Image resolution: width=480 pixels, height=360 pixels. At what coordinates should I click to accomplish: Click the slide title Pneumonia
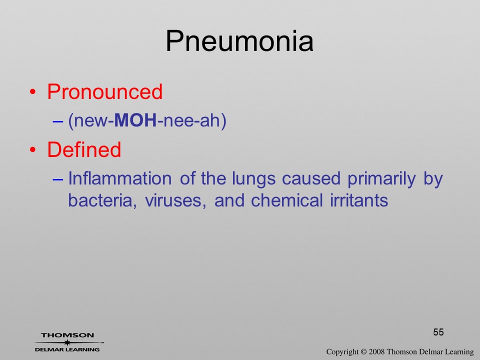point(239,41)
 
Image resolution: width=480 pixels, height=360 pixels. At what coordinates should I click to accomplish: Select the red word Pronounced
point(104,91)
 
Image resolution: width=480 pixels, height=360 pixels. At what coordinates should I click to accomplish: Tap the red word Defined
point(84,149)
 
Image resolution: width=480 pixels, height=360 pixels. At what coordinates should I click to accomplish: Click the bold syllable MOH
point(135,120)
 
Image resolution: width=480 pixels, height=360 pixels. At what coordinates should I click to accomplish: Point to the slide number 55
point(438,332)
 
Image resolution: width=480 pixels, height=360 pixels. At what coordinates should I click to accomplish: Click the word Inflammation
point(119,178)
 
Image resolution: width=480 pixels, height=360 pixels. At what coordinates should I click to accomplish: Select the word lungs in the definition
point(254,179)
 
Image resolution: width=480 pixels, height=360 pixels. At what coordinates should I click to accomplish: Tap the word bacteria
point(102,201)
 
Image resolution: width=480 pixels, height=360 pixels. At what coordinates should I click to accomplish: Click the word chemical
point(287,200)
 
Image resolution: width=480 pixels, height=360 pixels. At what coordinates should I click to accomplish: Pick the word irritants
point(359,200)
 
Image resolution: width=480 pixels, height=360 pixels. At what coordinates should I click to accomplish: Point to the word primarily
point(381,179)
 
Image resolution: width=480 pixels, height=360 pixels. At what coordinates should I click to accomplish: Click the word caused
point(311,178)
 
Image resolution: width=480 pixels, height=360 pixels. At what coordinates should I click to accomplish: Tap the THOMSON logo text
point(67,335)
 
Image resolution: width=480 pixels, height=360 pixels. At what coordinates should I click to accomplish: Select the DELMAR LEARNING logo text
point(67,349)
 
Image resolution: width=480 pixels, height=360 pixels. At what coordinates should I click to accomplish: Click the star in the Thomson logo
point(67,342)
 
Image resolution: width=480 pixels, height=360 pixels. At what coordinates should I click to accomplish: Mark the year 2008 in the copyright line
point(377,351)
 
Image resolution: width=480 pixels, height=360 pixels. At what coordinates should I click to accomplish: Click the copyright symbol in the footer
point(363,351)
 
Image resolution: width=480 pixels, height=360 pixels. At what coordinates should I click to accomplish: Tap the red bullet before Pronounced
point(33,92)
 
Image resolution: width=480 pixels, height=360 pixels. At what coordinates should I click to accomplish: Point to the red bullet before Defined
point(33,149)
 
